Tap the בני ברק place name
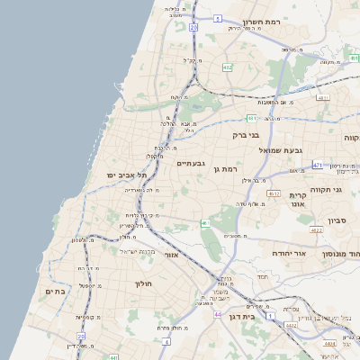[246, 135]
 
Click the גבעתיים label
[192, 163]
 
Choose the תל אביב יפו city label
[126, 175]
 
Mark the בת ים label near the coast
[57, 292]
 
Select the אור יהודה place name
[289, 254]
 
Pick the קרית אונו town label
[298, 200]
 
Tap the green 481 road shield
[252, 118]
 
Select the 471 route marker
[317, 166]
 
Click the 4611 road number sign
[323, 96]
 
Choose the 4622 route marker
[316, 231]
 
